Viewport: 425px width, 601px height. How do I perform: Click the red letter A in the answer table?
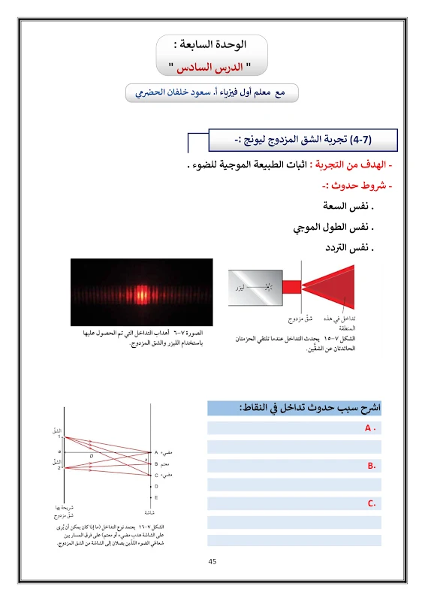tap(369, 428)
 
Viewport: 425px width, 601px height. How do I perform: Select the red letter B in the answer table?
tap(371, 466)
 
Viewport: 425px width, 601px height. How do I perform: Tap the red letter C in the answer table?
tap(371, 503)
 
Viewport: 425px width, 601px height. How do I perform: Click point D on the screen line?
tap(156, 486)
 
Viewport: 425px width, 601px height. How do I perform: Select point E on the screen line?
tap(156, 497)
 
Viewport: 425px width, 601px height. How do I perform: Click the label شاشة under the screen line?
tap(151, 511)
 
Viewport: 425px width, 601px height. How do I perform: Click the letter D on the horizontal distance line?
tap(92, 455)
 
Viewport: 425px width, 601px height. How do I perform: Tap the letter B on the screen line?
tap(156, 464)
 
